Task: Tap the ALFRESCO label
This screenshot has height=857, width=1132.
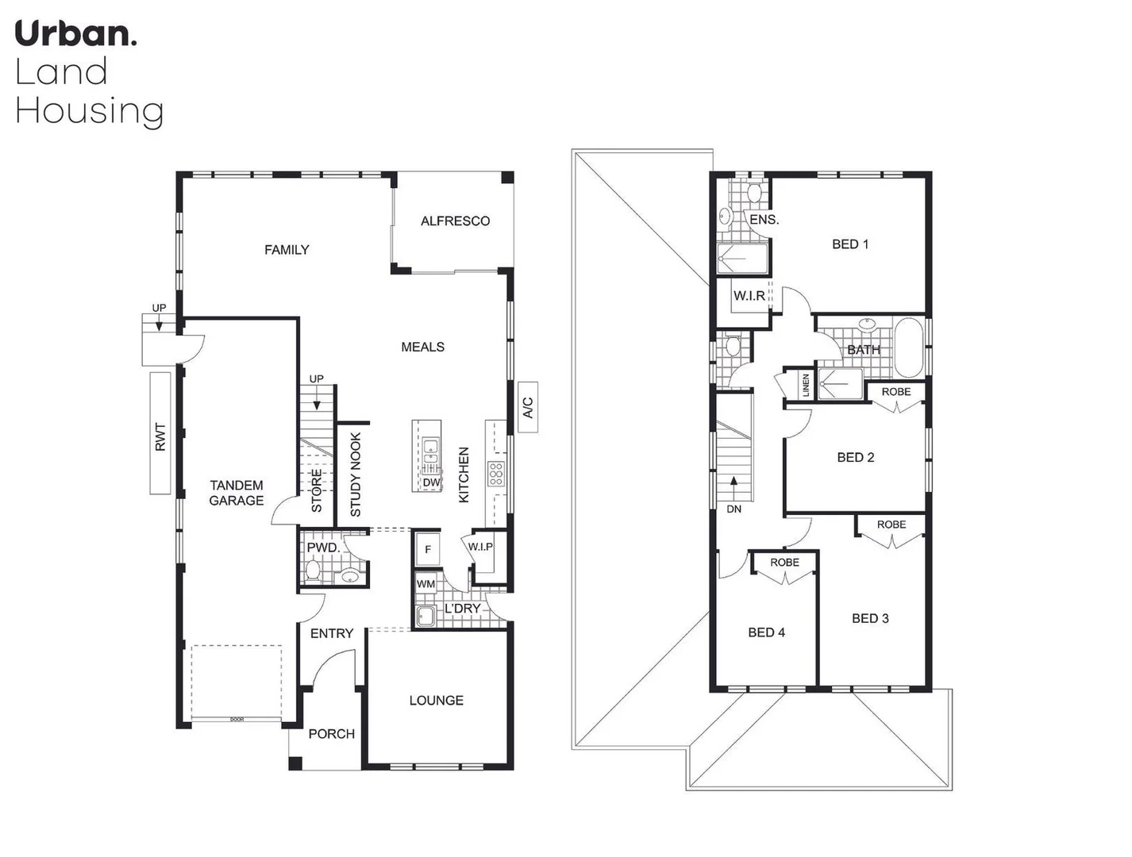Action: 455,221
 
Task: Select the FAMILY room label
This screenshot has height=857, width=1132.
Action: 287,250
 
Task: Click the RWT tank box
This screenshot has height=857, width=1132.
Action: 160,433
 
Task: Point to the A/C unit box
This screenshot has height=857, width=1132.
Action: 528,407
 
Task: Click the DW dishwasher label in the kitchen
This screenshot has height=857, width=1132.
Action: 431,482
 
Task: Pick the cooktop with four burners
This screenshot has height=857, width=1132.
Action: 496,473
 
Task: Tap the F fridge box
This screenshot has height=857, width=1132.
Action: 428,549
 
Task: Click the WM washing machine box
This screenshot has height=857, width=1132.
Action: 426,583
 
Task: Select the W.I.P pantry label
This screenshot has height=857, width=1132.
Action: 480,547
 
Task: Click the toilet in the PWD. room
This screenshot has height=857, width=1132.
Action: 313,571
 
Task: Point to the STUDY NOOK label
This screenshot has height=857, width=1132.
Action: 356,475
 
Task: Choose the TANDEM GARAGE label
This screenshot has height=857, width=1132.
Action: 237,493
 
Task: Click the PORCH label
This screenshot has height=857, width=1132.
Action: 331,734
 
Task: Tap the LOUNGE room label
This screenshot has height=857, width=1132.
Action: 436,700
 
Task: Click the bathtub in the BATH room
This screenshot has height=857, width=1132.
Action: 909,348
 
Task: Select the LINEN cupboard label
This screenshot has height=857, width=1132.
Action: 806,385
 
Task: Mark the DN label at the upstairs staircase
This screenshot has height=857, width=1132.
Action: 733,509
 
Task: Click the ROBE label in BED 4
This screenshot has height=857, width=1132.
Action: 784,563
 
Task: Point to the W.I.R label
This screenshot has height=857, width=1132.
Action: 749,296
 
